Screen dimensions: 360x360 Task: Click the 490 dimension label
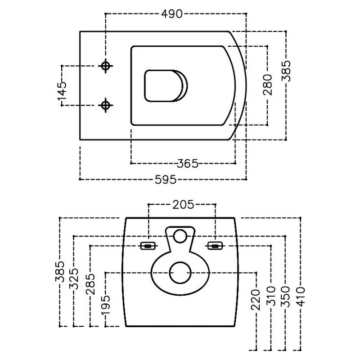(x=172, y=14)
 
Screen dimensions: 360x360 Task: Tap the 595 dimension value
(x=166, y=180)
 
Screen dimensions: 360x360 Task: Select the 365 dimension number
(x=188, y=164)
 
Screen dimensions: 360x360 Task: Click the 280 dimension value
(x=267, y=85)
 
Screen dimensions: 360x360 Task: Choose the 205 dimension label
(x=183, y=205)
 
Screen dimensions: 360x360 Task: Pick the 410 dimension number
(x=301, y=297)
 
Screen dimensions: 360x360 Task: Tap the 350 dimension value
(x=286, y=297)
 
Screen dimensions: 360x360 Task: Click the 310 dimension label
(x=271, y=296)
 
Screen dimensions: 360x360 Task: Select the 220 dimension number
(x=256, y=300)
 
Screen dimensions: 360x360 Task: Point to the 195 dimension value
(x=106, y=305)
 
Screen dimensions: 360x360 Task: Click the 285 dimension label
(x=90, y=284)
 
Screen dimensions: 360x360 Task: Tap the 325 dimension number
(x=74, y=279)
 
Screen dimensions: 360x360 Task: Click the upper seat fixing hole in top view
(x=106, y=66)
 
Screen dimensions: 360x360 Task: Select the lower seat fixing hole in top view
(x=106, y=105)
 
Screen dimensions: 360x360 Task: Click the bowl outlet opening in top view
(x=166, y=85)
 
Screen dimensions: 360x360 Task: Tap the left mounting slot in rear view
(x=148, y=246)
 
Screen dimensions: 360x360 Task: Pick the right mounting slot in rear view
(x=215, y=246)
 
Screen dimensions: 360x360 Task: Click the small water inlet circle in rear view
(x=180, y=236)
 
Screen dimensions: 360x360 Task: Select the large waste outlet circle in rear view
(x=180, y=273)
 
